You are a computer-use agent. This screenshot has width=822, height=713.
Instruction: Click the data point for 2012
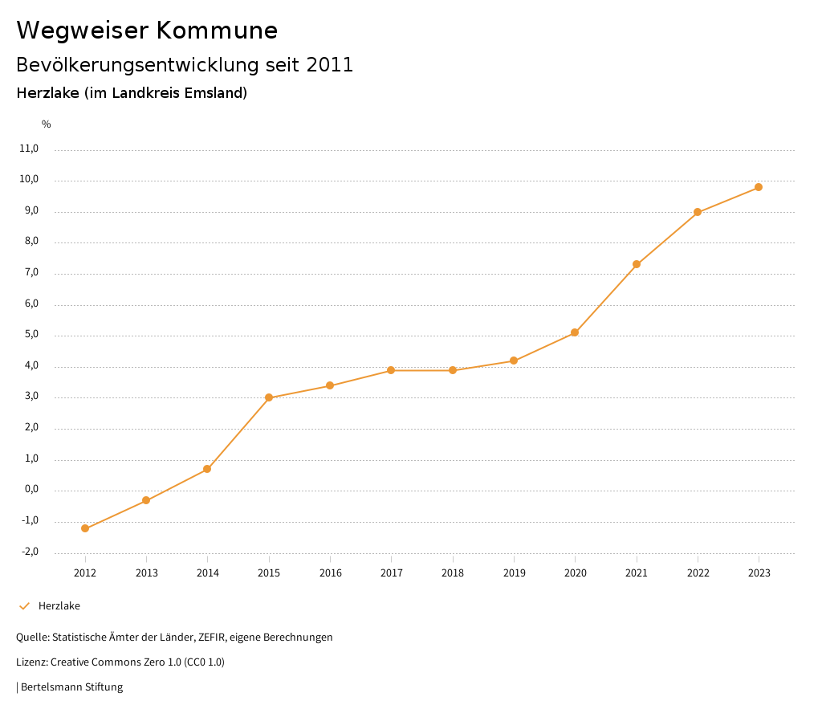point(85,528)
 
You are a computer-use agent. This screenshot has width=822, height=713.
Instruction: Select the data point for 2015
point(269,397)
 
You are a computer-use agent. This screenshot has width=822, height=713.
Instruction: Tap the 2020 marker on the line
point(575,332)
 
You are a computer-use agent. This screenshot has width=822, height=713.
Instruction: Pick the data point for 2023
point(759,187)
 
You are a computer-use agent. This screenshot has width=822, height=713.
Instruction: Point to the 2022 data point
point(698,212)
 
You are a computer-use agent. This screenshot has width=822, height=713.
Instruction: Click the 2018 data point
point(453,370)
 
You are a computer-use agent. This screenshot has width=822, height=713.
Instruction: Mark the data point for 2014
point(207,469)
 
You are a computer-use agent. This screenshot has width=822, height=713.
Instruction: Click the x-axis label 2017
point(392,572)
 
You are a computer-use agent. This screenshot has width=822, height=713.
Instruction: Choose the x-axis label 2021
point(637,572)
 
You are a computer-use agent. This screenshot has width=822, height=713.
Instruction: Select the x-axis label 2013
point(146,572)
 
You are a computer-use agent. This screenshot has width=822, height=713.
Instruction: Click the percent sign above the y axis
point(47,124)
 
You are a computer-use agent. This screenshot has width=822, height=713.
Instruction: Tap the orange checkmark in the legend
point(24,606)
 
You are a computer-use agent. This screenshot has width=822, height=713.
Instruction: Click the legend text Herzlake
point(59,606)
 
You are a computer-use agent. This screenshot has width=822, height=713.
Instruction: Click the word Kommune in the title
point(217,31)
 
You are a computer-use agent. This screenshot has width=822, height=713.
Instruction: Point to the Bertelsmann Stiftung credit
point(71,687)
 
